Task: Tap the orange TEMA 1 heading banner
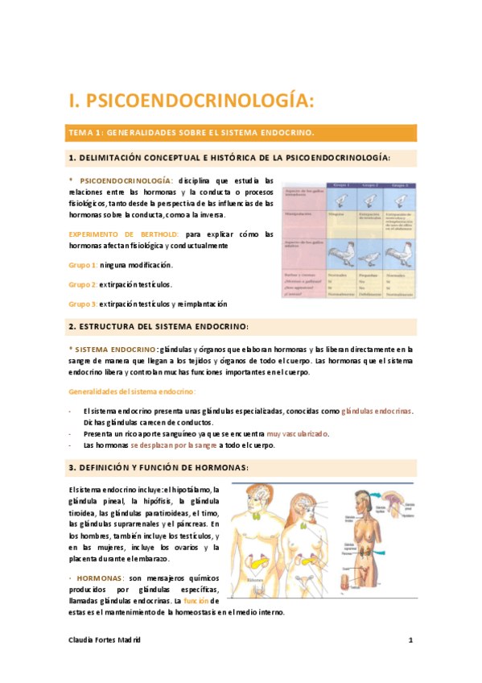tap(241, 132)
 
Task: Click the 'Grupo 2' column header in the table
tap(371, 185)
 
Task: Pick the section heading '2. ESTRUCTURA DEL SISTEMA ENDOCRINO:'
tap(159, 326)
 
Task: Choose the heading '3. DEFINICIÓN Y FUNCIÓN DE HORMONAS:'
tap(159, 468)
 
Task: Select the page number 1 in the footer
tap(410, 640)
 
